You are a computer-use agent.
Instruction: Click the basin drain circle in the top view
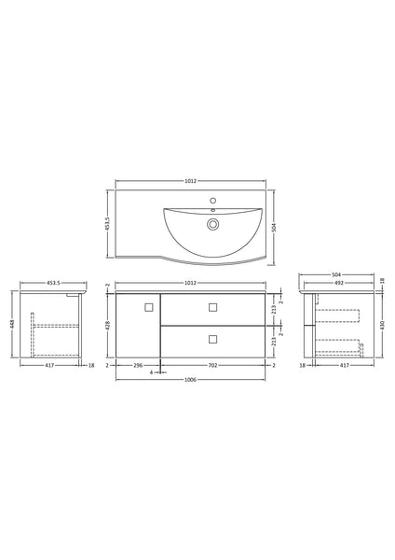tap(213, 224)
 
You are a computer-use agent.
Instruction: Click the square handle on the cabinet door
tap(148, 306)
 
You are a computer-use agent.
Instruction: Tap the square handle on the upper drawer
tap(212, 306)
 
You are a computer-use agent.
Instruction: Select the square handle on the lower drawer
tap(212, 338)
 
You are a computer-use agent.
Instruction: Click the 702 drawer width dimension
tap(213, 367)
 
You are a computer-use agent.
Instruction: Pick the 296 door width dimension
tap(139, 367)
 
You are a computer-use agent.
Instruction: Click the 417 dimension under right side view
tap(344, 367)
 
